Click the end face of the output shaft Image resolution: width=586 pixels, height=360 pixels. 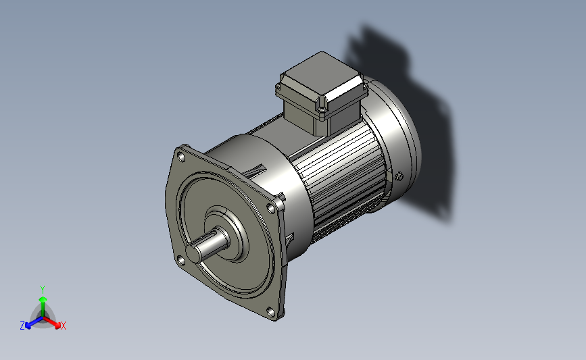(x=193, y=253)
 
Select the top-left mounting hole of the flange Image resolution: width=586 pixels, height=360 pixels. (x=181, y=157)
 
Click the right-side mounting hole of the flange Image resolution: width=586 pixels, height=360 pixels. (x=271, y=209)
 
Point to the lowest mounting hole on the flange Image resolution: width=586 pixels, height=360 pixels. (x=270, y=311)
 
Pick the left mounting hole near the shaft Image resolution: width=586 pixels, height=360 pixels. (x=181, y=260)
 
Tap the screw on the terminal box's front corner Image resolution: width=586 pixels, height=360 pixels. (x=322, y=109)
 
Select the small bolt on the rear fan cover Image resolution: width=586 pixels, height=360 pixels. (x=399, y=176)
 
